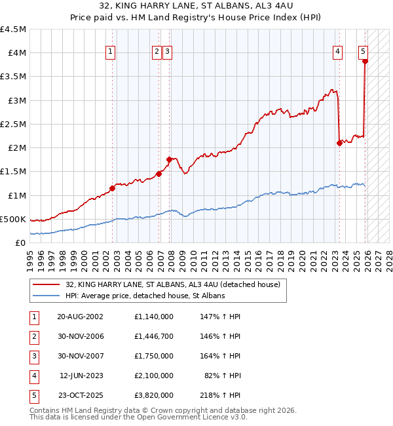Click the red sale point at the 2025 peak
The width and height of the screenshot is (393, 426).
(x=365, y=62)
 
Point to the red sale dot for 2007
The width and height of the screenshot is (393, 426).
(x=169, y=159)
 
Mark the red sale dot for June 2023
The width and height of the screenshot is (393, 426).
(x=339, y=143)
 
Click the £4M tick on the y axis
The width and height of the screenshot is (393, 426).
(x=16, y=53)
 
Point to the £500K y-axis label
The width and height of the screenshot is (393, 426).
(x=14, y=219)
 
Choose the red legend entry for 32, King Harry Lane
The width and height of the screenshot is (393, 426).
(x=173, y=284)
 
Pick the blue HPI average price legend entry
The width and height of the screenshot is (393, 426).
(x=145, y=296)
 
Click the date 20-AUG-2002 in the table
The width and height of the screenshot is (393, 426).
(x=81, y=316)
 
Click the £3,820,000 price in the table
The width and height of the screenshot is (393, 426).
(x=153, y=395)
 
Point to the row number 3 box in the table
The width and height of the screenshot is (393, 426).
(x=33, y=356)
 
